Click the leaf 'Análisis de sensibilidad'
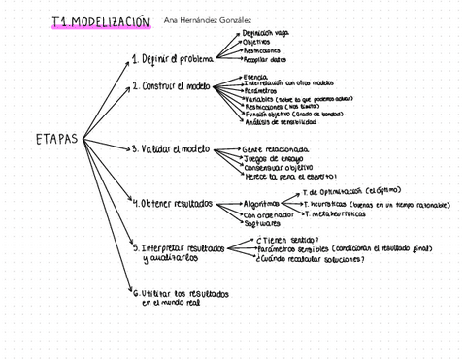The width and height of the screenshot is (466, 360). [281, 122]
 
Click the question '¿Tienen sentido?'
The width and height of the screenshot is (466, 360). [289, 239]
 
